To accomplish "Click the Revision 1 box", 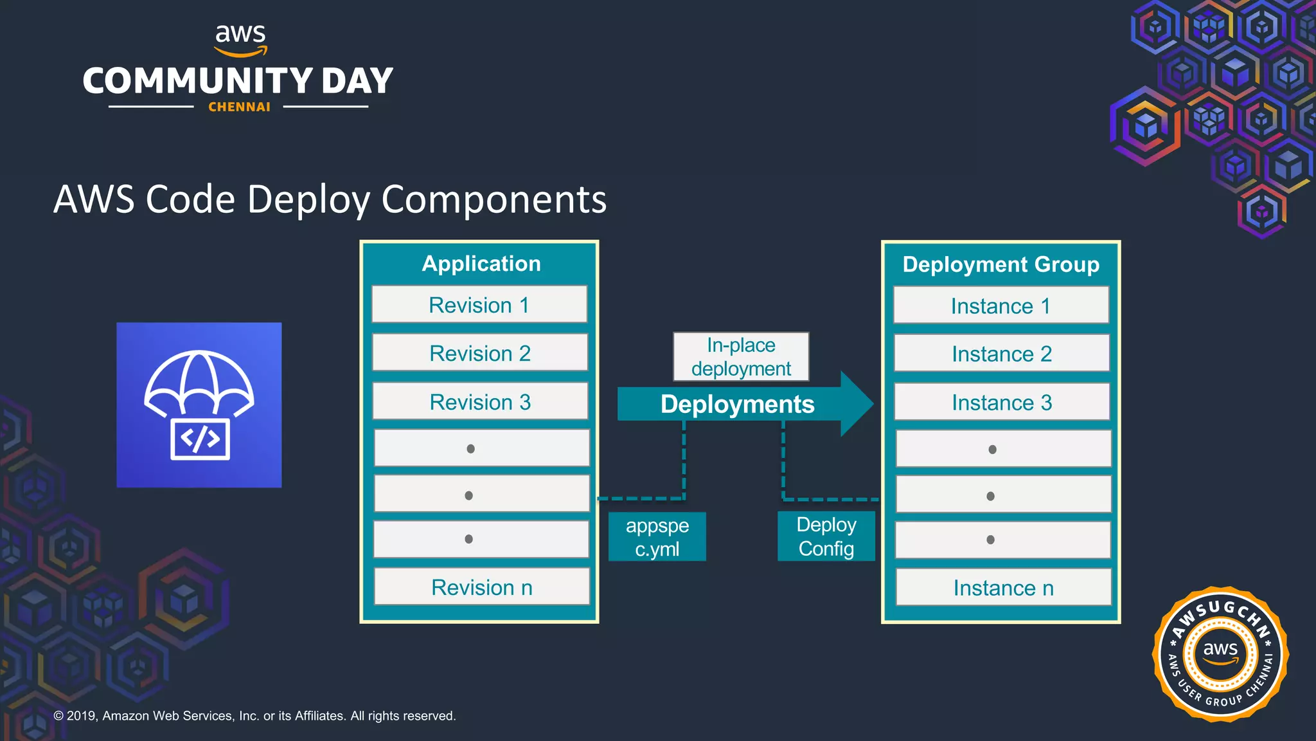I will click(x=479, y=305).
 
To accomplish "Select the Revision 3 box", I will click(x=480, y=402).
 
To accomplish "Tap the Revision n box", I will click(x=481, y=587).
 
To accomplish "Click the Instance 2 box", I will click(x=1002, y=354).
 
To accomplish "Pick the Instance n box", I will click(x=1003, y=588).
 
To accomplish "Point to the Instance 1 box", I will click(x=1000, y=306).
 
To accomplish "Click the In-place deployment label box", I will click(x=741, y=357).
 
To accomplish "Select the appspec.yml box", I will click(x=657, y=537).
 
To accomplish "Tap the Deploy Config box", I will click(x=826, y=536).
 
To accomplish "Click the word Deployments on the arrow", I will click(x=737, y=405).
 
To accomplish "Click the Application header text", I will click(x=481, y=264).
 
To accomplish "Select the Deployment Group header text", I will click(x=1000, y=264).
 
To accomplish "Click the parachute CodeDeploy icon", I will click(x=199, y=405).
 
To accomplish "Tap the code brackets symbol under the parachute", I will click(x=200, y=439).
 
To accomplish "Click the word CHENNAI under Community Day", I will click(x=239, y=107).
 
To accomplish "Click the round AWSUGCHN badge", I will click(x=1220, y=654).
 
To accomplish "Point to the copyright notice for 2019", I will click(x=254, y=716).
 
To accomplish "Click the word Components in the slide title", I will click(x=493, y=199).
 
